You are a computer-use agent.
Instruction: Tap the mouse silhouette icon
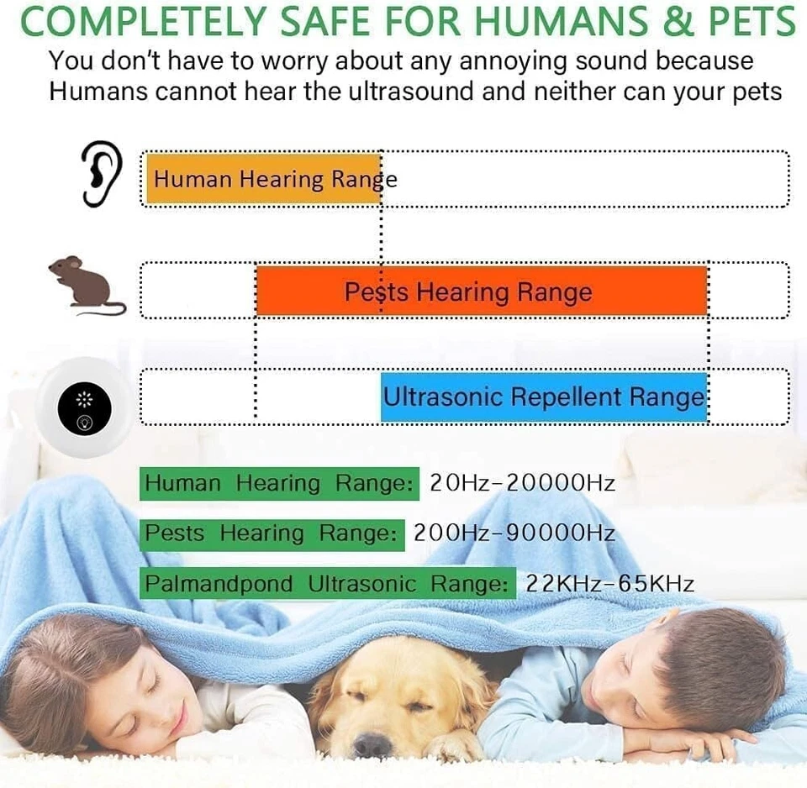(x=86, y=286)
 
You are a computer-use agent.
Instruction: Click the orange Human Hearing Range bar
(x=263, y=178)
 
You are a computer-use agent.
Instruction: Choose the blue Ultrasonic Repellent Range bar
(x=544, y=397)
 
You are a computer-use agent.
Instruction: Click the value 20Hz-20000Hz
(x=522, y=483)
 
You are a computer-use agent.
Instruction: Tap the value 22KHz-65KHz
(x=609, y=583)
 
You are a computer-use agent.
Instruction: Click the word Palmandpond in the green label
(x=219, y=584)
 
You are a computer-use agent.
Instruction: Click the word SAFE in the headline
(x=336, y=22)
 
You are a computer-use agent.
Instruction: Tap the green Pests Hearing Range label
(x=272, y=533)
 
